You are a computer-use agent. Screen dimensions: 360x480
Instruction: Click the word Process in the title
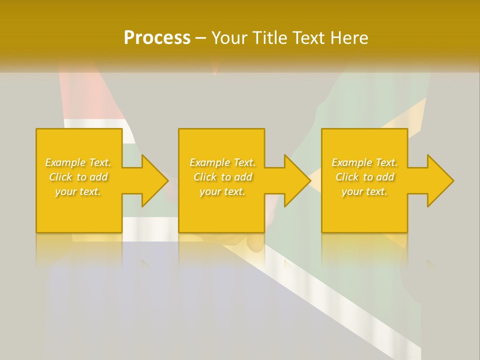point(157,38)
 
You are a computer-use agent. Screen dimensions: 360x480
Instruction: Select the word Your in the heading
point(228,38)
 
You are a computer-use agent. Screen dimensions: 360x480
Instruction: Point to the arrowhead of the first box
point(154,180)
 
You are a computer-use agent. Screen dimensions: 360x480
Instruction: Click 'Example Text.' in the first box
point(78,162)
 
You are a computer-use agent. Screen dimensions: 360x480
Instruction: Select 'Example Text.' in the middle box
point(222,162)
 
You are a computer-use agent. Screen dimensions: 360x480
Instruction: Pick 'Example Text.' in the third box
point(364,162)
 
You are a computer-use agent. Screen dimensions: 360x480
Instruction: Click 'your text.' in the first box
point(78,191)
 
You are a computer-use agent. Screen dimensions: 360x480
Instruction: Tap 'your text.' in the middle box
point(222,191)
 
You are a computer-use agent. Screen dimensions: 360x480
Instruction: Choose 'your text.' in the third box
point(364,191)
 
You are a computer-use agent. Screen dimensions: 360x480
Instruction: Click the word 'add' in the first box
point(99,177)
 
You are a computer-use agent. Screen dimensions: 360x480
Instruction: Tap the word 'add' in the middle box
point(243,177)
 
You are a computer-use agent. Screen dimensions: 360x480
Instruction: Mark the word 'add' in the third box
point(385,177)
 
